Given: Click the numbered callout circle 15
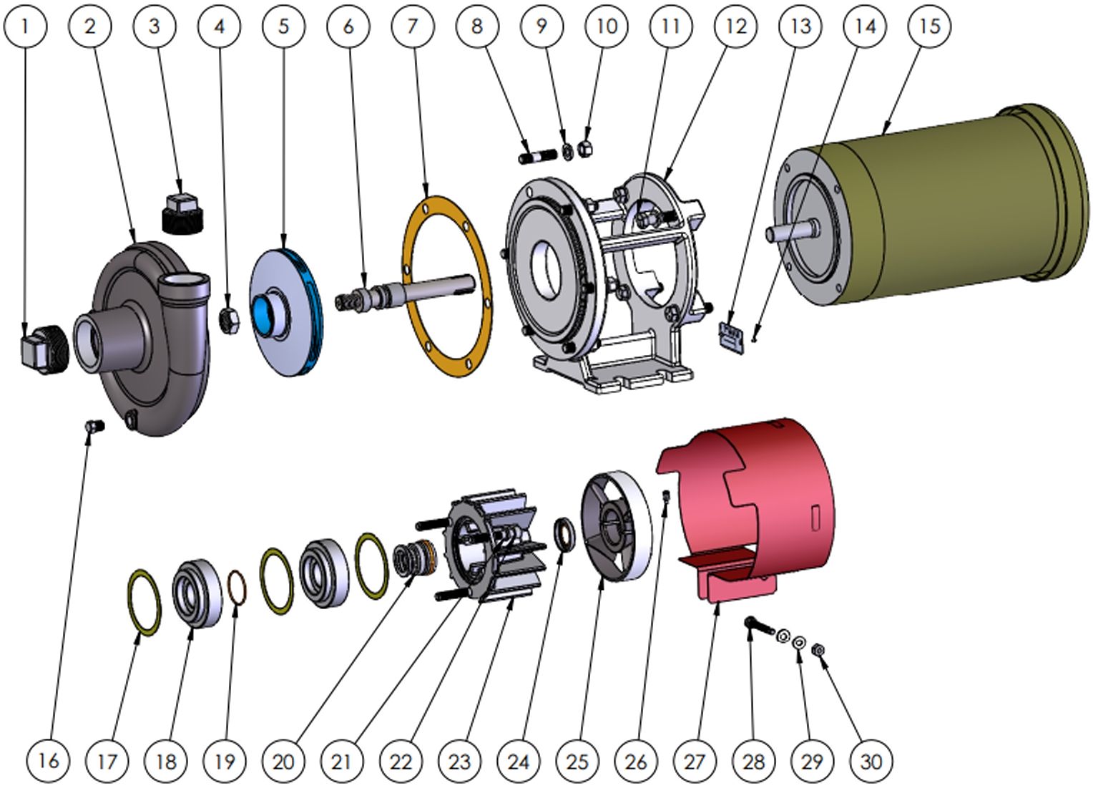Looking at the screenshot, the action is click(928, 26).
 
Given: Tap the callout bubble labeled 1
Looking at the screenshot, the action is click(25, 26).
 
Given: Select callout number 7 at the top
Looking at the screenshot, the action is click(412, 26).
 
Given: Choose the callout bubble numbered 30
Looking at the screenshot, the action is click(871, 761).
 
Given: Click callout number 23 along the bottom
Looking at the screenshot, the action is click(459, 761).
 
